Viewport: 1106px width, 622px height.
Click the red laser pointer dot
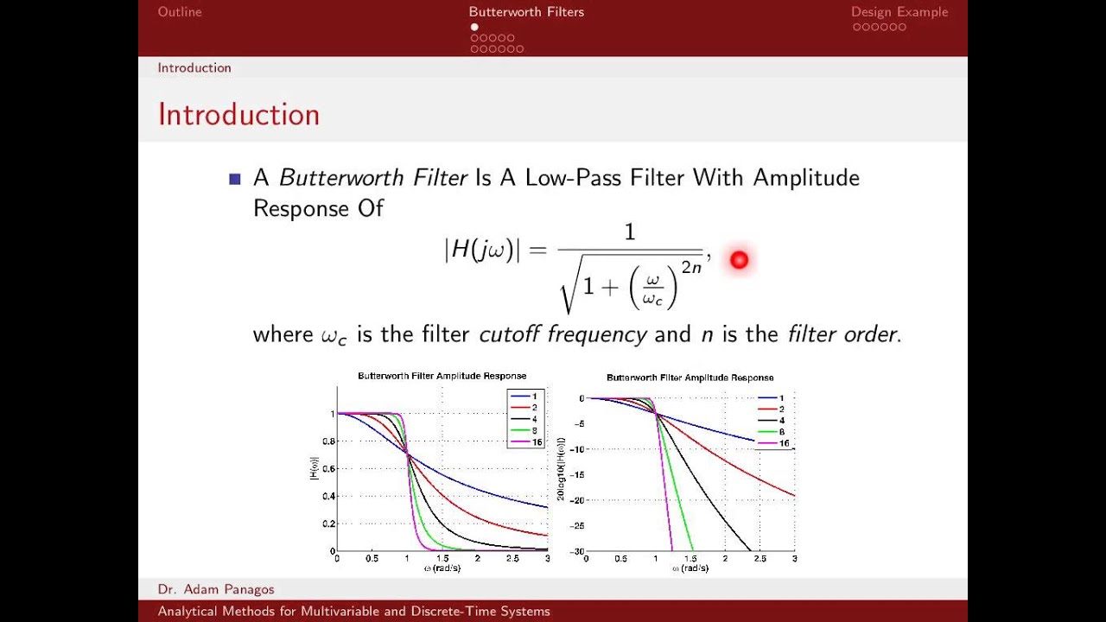coord(739,259)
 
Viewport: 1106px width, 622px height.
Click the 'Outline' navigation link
coord(180,12)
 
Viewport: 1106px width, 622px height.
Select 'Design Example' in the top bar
coord(899,12)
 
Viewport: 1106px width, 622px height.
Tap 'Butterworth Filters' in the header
coord(526,12)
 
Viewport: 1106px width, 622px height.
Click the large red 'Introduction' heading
coord(238,115)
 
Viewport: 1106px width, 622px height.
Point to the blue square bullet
coord(234,179)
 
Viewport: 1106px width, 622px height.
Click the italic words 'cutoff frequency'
coord(563,334)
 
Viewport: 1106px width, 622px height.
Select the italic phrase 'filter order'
coord(842,334)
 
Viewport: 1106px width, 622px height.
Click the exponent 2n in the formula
coord(691,267)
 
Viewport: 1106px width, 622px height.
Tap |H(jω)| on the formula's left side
coord(482,250)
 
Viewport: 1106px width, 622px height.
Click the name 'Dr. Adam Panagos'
coord(216,589)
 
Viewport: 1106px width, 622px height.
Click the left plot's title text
coord(442,376)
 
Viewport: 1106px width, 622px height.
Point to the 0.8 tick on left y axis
coord(327,441)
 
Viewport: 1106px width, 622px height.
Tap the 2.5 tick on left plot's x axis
coord(512,559)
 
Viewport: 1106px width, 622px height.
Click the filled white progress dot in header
coord(474,27)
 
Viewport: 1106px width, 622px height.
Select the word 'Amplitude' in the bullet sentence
coord(805,178)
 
